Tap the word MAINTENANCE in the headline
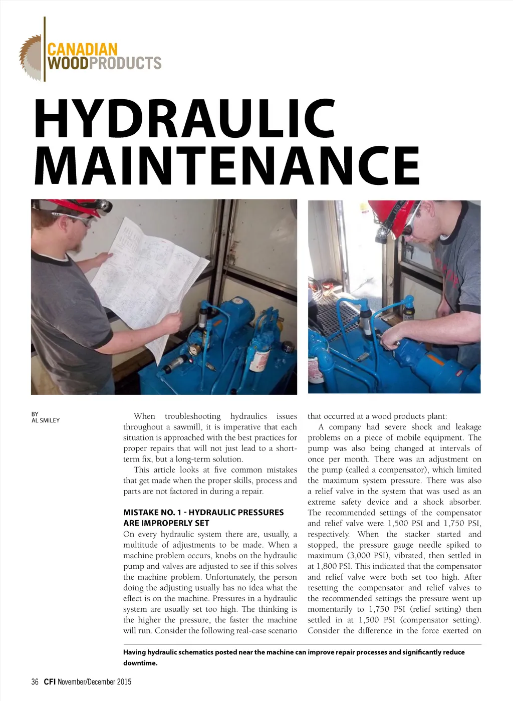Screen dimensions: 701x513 (228, 165)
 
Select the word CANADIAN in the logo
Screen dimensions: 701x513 (82, 50)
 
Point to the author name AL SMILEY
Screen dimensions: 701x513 (46, 420)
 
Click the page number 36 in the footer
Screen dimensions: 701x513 (35, 681)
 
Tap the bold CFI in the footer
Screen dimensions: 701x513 (50, 681)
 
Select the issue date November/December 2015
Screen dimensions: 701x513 (95, 681)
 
